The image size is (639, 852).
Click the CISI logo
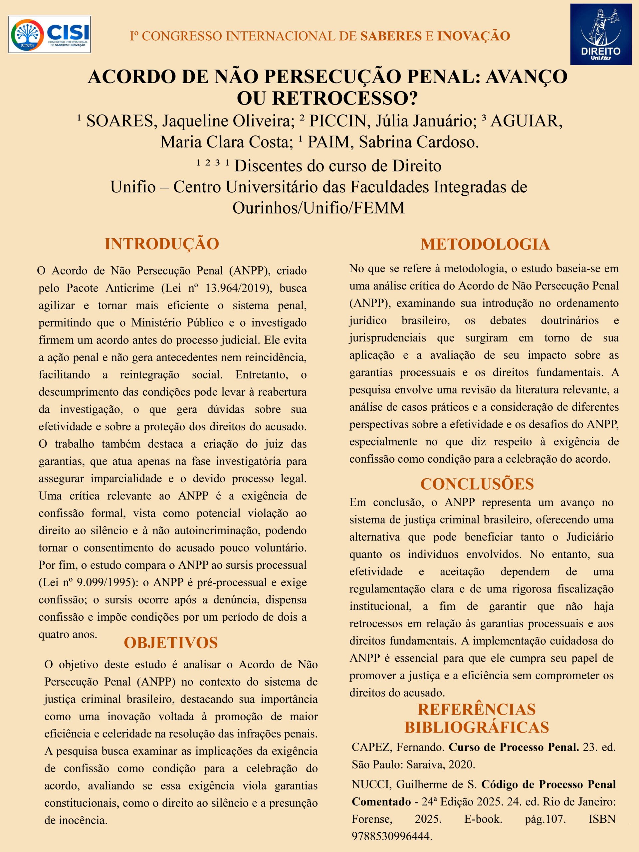click(x=50, y=34)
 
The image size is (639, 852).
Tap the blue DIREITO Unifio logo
click(x=600, y=34)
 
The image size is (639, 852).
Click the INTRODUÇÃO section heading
click(x=162, y=244)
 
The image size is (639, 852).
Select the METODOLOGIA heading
click(x=485, y=244)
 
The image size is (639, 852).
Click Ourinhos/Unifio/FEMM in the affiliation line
click(x=319, y=208)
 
